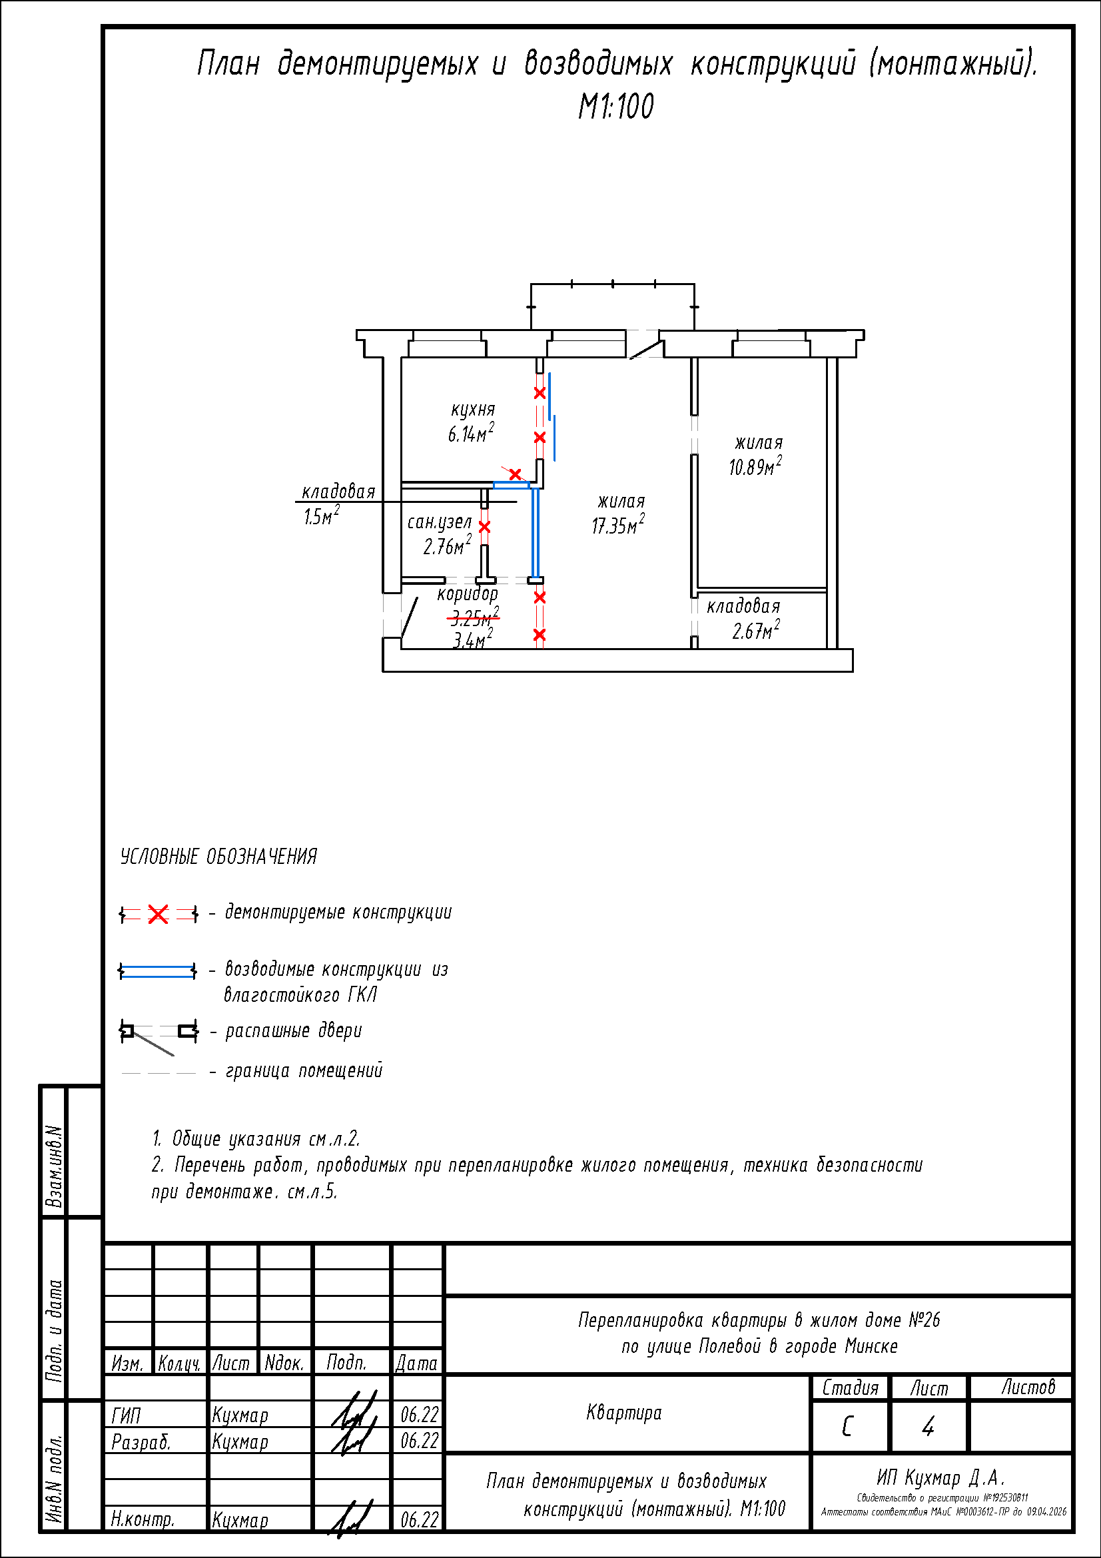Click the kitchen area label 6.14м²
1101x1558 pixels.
tap(470, 434)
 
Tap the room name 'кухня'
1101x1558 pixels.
tap(473, 409)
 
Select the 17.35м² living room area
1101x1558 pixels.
tap(618, 525)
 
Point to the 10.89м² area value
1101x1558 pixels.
tap(755, 467)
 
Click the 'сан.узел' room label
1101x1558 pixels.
tap(439, 522)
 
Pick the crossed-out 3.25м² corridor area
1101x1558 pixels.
tap(474, 617)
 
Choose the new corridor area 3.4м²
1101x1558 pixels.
tap(472, 639)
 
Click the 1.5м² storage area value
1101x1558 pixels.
tap(321, 516)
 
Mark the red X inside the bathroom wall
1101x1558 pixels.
tap(484, 527)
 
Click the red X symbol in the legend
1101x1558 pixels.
tap(158, 915)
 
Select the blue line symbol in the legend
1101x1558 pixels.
tap(158, 971)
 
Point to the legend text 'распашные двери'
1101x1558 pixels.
tap(294, 1030)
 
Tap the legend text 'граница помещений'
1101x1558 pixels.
tap(304, 1071)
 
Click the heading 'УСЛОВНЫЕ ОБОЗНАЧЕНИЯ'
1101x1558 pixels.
tap(218, 857)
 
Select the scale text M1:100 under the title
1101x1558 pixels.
tap(616, 107)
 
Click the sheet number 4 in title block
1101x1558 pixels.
tap(928, 1426)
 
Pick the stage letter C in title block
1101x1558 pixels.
tap(847, 1427)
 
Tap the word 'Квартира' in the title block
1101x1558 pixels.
tap(623, 1413)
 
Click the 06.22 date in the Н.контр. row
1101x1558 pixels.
tap(419, 1519)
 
